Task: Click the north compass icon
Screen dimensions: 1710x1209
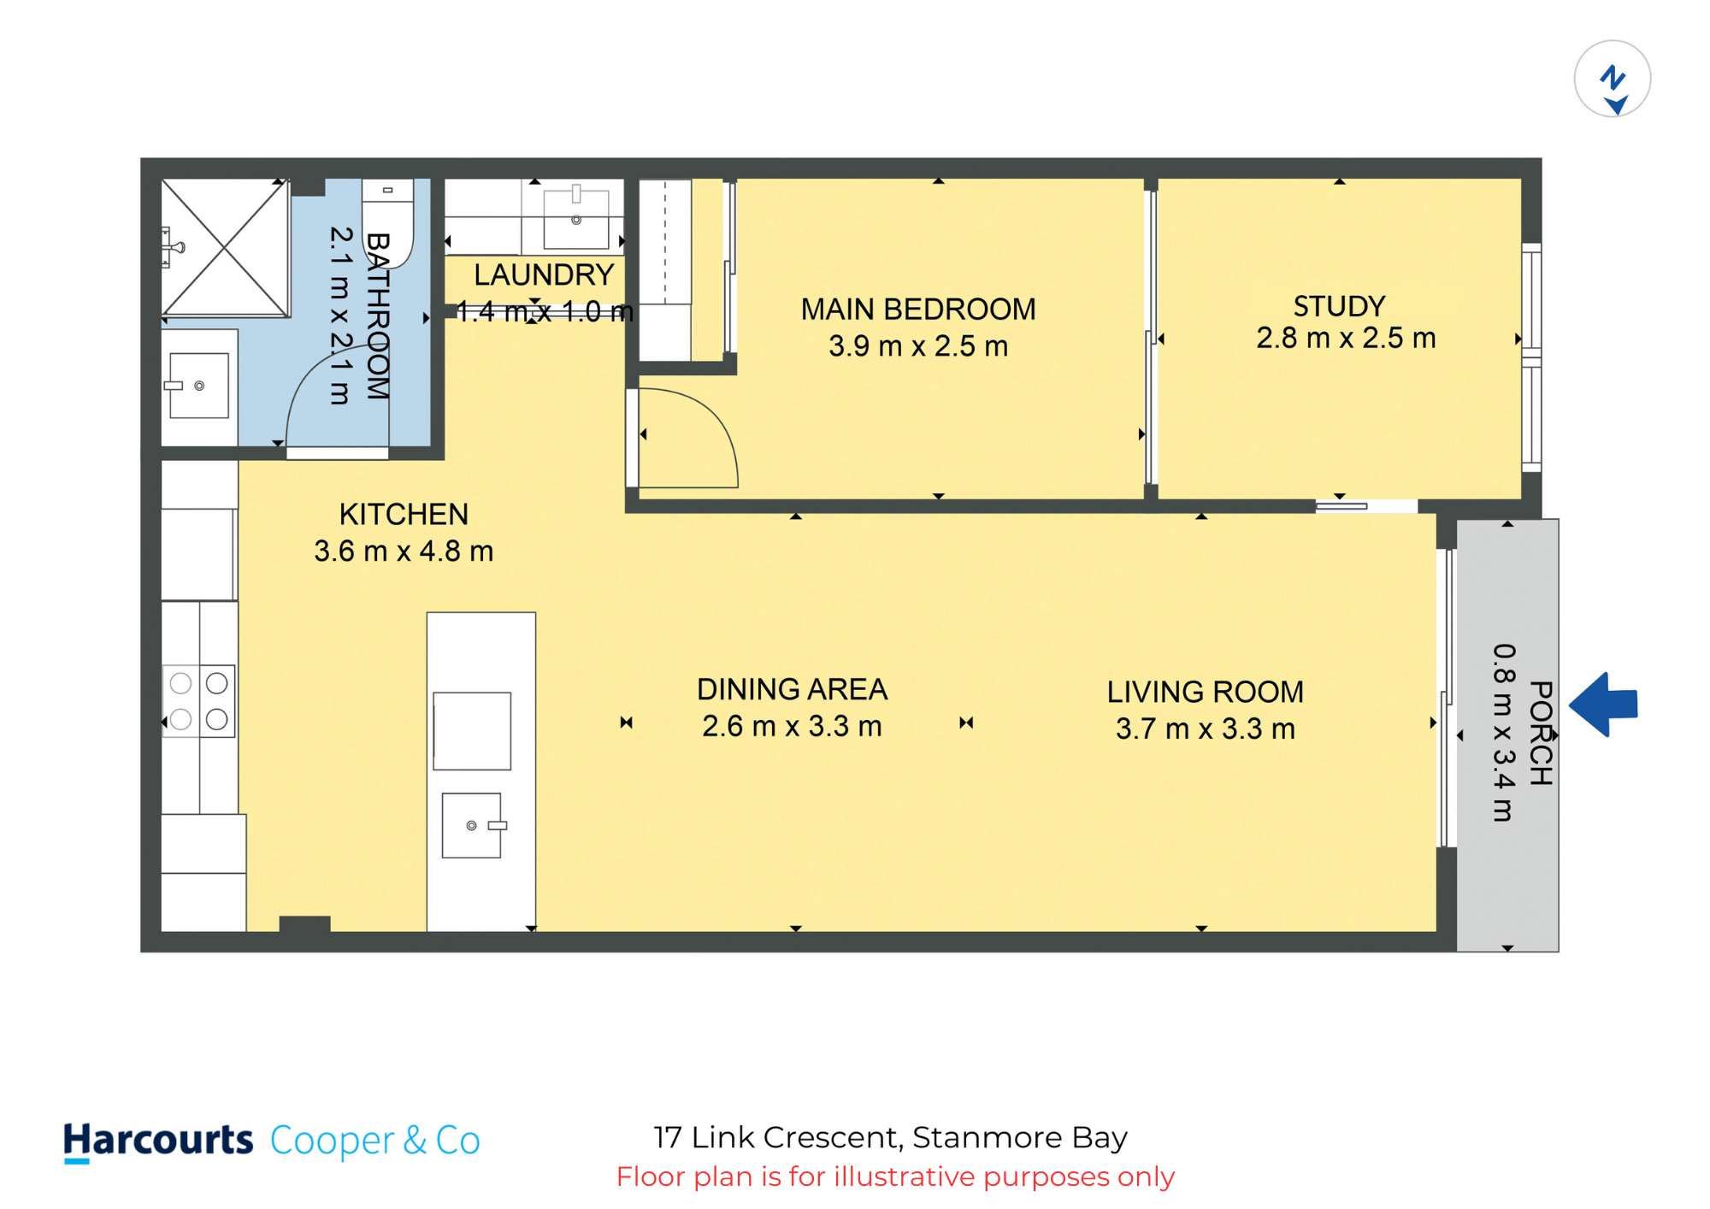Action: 1612,79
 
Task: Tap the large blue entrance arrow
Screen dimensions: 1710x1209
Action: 1603,705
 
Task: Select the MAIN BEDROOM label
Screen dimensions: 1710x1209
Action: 918,309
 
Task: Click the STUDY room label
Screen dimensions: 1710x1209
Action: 1339,306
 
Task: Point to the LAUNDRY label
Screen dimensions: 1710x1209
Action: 544,274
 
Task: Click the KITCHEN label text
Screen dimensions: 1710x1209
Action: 404,514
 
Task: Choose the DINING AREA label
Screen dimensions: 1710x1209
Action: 792,689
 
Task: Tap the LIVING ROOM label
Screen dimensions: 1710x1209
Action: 1206,692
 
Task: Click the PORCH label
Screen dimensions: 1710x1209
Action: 1541,733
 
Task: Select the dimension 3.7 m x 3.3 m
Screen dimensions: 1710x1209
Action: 1206,728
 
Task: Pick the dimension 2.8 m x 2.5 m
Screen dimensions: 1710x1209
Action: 1346,338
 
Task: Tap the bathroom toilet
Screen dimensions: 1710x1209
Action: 388,223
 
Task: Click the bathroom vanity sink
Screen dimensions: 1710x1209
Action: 198,386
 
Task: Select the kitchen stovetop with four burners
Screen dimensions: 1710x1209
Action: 199,701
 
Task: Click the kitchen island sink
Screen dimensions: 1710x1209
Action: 473,825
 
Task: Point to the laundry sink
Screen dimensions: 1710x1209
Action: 576,216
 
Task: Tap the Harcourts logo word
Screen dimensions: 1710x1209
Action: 158,1141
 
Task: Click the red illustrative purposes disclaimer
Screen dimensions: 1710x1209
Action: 895,1177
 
